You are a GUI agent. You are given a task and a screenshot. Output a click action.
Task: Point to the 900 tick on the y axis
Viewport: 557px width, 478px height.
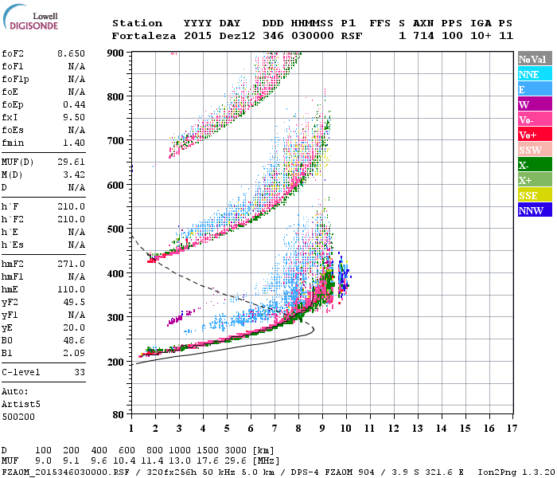[118, 53]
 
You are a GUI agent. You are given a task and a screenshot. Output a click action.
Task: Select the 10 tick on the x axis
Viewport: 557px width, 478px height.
[346, 429]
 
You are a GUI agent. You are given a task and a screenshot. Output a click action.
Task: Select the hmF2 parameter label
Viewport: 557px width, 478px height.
[14, 264]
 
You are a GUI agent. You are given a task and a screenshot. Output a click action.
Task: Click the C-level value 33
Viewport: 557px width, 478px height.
[79, 371]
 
